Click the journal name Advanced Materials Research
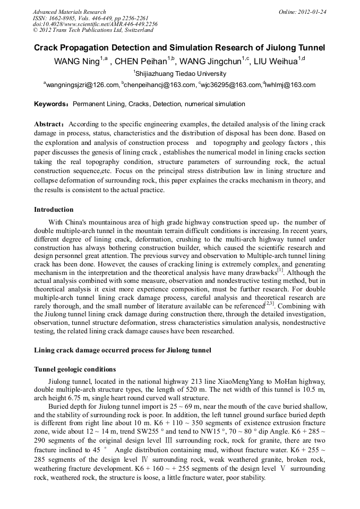point(69,12)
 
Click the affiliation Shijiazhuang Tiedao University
point(181,74)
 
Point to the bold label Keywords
point(51,104)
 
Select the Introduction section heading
point(54,210)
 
